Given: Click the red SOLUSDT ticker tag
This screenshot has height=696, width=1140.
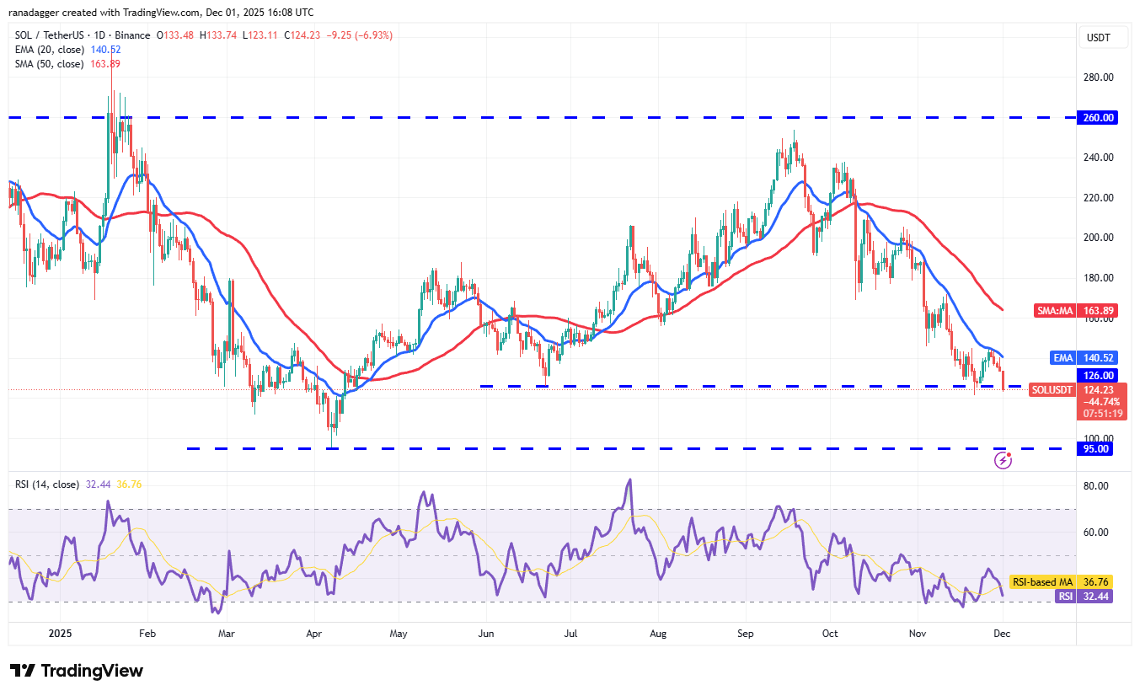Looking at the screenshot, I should point(1052,390).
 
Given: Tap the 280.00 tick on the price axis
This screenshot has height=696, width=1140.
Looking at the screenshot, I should point(1099,78).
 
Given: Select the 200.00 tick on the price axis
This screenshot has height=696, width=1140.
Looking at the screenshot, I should point(1099,238).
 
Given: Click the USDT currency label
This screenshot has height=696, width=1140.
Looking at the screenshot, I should point(1100,38).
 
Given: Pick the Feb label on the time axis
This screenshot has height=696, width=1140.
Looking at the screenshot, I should point(147,632).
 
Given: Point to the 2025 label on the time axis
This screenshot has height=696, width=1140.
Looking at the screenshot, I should point(62,632).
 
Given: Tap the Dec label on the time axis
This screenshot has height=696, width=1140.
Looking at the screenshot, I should point(1003,632).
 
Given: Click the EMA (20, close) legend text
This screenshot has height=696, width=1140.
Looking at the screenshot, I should point(49,50).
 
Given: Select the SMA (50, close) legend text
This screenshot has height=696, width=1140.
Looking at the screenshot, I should point(49,64).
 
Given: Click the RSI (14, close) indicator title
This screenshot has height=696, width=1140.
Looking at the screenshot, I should point(47,485).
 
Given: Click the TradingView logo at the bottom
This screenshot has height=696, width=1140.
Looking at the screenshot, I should point(77,671).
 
